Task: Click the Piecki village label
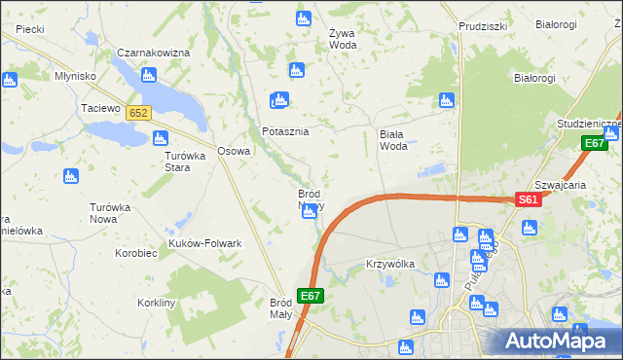click(x=30, y=30)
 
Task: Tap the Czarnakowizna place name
click(x=152, y=53)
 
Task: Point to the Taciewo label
click(x=100, y=108)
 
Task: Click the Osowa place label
click(x=234, y=151)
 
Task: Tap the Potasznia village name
click(x=285, y=131)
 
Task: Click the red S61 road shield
click(x=528, y=199)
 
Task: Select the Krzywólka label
click(x=390, y=264)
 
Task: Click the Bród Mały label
click(x=287, y=308)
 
